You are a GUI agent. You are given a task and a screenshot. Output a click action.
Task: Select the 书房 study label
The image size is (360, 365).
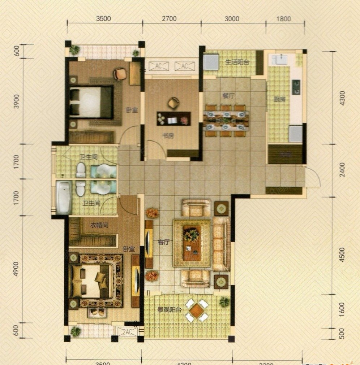point(166,136)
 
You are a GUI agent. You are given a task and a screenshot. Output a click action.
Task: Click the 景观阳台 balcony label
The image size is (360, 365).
point(169,310)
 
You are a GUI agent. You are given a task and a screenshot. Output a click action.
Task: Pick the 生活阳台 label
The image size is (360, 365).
point(237,62)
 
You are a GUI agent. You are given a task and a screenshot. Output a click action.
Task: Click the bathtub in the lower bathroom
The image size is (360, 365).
point(64,197)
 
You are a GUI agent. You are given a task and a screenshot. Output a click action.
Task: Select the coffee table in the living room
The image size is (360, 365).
point(192,243)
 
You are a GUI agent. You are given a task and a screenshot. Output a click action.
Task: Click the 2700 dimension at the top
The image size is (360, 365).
point(169,19)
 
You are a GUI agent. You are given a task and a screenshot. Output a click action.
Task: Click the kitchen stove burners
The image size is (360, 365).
point(296,87)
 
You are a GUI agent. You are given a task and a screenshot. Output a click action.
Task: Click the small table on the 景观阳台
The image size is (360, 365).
point(196,310)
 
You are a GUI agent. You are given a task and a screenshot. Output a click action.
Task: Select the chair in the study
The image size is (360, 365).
point(173,103)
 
